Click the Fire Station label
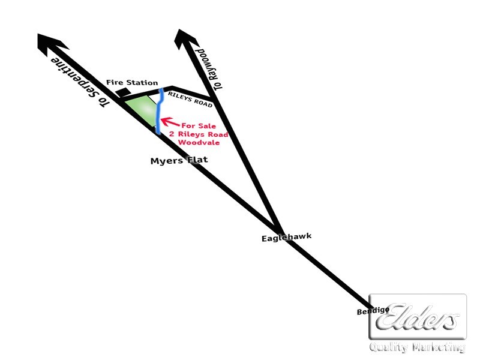132,82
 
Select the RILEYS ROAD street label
190,100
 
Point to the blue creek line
158,111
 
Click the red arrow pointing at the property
170,122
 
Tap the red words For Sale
199,126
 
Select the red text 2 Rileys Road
199,134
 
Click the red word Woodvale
199,142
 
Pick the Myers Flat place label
179,160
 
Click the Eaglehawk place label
287,237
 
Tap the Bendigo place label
373,311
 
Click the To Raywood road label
209,69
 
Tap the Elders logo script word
417,317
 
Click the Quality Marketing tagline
417,347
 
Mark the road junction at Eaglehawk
278,229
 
